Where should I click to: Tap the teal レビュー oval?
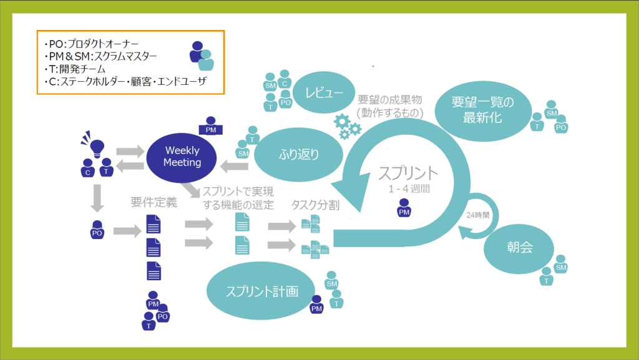point(324,94)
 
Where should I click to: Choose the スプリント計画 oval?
point(261,291)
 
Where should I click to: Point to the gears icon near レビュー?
point(348,126)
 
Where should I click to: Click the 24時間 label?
point(477,215)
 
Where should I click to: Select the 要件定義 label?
point(154,202)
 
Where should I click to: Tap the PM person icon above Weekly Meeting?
point(210,125)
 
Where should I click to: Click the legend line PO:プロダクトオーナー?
point(87,45)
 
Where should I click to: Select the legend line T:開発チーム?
point(75,69)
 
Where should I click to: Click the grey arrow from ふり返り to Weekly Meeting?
point(236,165)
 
